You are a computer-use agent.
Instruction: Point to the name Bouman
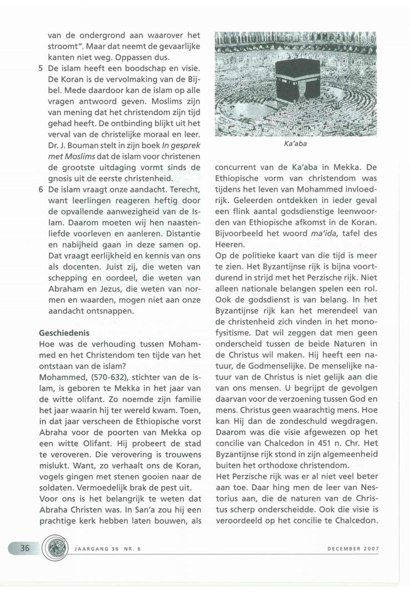pyautogui.click(x=80, y=153)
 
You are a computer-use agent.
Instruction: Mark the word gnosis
pyautogui.click(x=61, y=177)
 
